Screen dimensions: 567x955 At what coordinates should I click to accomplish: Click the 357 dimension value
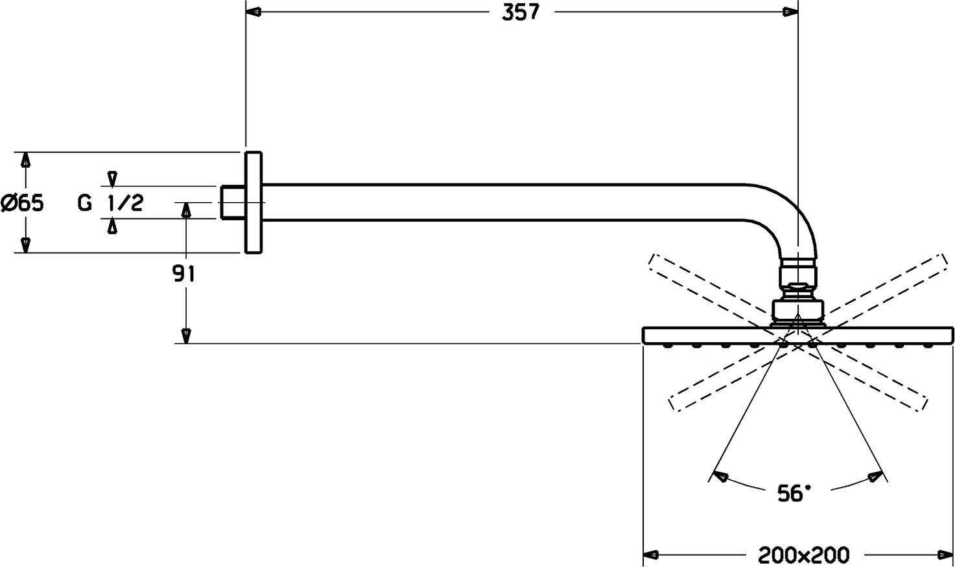point(521,12)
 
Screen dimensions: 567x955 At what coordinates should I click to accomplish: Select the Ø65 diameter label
point(22,203)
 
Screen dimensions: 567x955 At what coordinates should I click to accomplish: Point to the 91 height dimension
point(183,274)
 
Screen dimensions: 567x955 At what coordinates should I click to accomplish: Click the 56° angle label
point(794,494)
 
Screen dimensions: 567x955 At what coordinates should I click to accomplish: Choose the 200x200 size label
point(803,555)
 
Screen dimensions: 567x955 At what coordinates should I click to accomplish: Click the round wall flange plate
point(253,202)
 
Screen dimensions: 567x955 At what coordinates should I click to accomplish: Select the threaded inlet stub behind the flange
point(232,202)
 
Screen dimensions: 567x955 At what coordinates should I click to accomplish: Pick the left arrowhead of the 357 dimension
point(254,12)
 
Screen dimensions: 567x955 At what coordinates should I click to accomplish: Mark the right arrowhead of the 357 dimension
point(790,12)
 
